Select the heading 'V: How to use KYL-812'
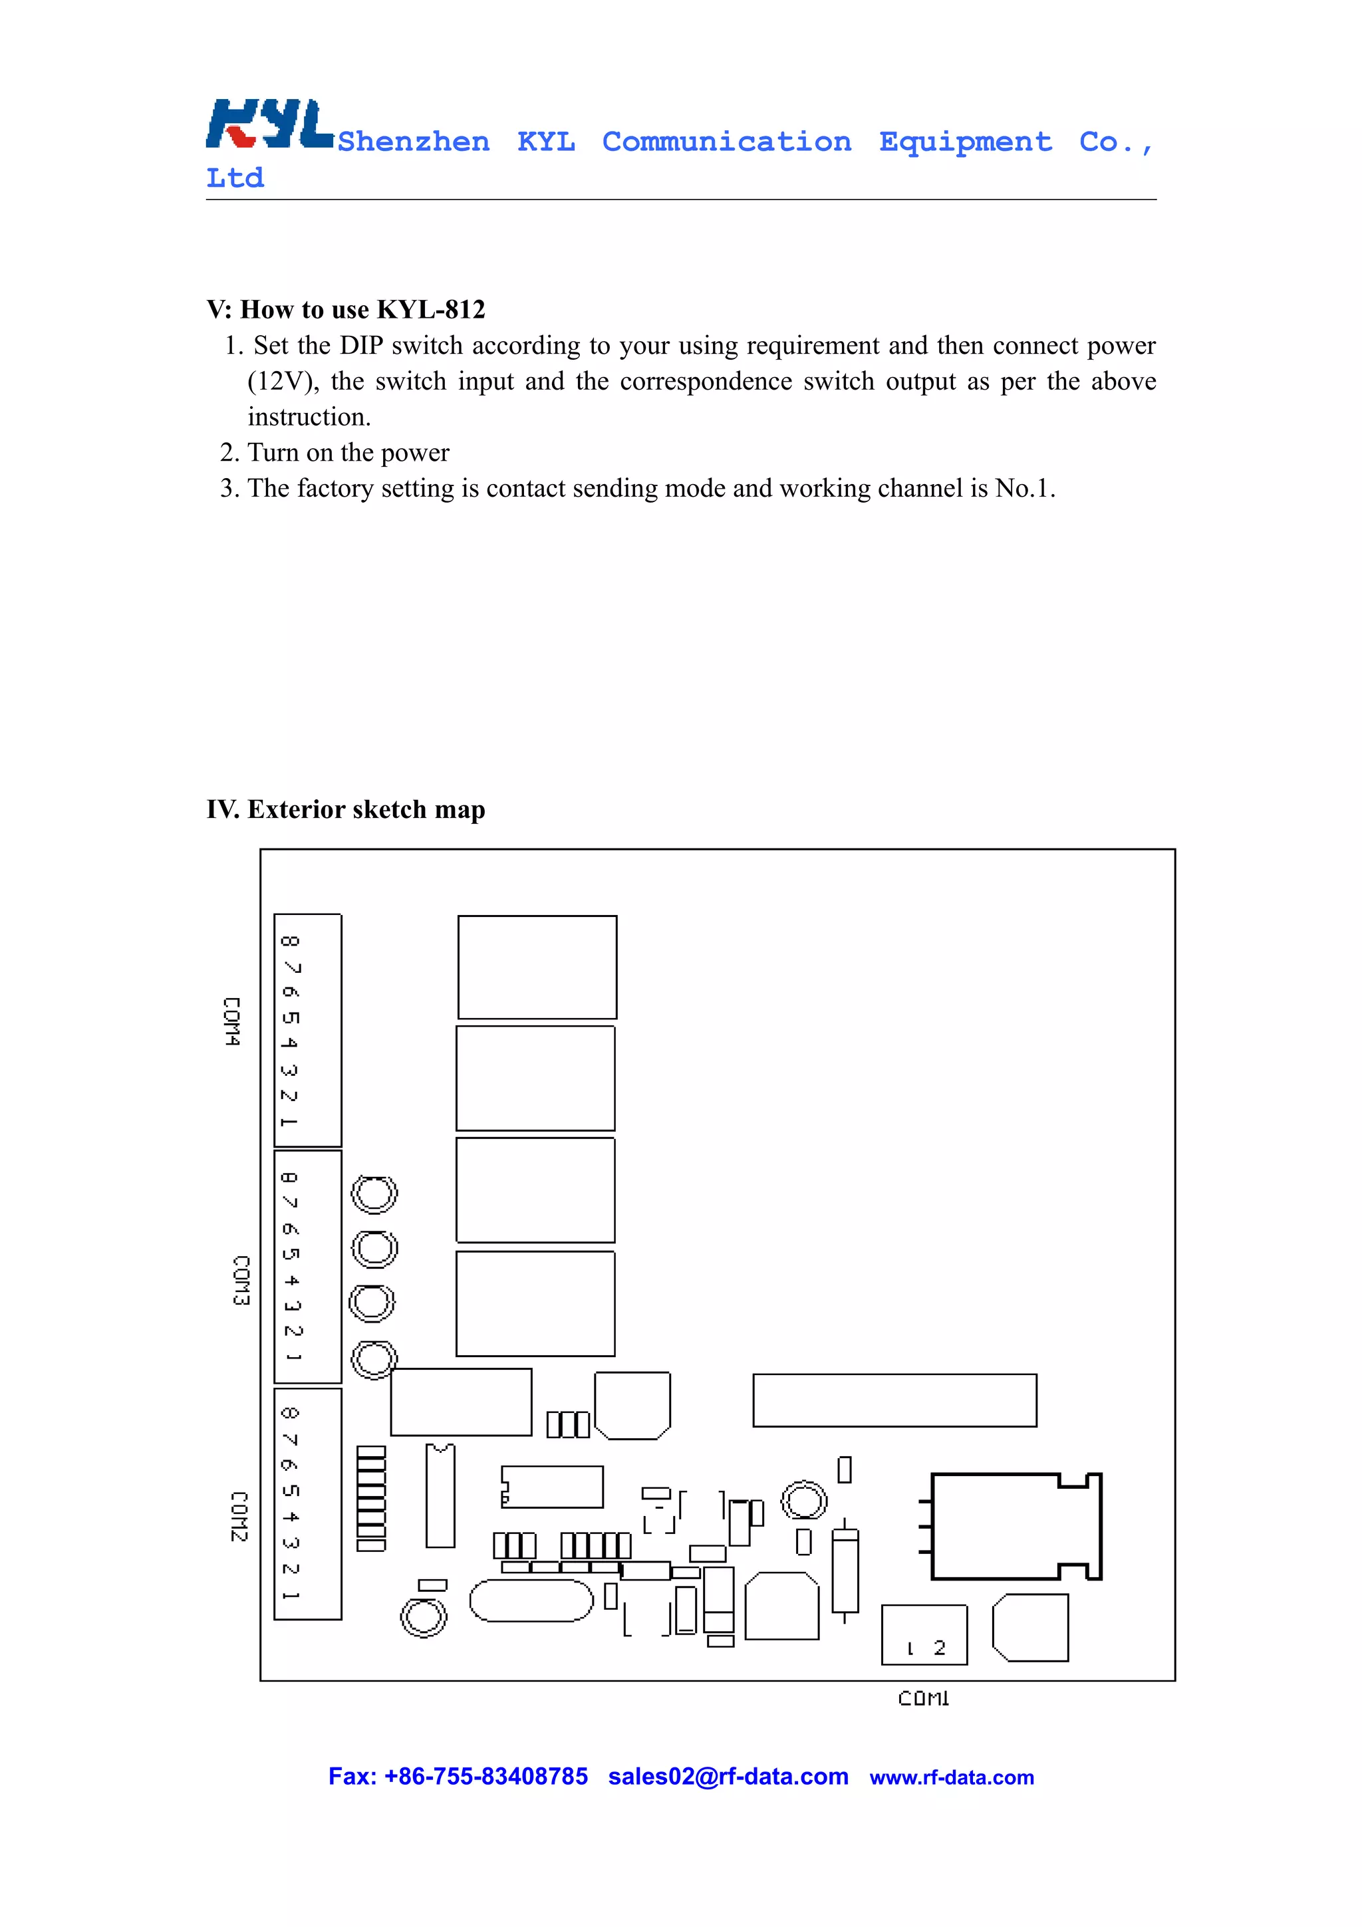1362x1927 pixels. pos(346,310)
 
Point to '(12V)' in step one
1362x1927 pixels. pos(282,382)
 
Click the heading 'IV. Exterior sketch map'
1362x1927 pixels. pos(346,810)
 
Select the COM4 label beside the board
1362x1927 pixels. pos(231,1021)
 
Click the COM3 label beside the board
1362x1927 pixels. pos(241,1281)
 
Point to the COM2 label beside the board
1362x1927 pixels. pos(239,1517)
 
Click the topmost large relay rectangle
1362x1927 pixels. pos(537,967)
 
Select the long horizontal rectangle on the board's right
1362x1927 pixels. pos(894,1400)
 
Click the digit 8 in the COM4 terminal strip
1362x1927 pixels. pos(289,941)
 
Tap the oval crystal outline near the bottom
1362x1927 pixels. pos(531,1601)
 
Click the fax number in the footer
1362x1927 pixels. pos(458,1777)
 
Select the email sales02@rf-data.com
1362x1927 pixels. pos(728,1777)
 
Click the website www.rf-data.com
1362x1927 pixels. pos(952,1777)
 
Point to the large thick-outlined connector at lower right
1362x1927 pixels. pos(1012,1526)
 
